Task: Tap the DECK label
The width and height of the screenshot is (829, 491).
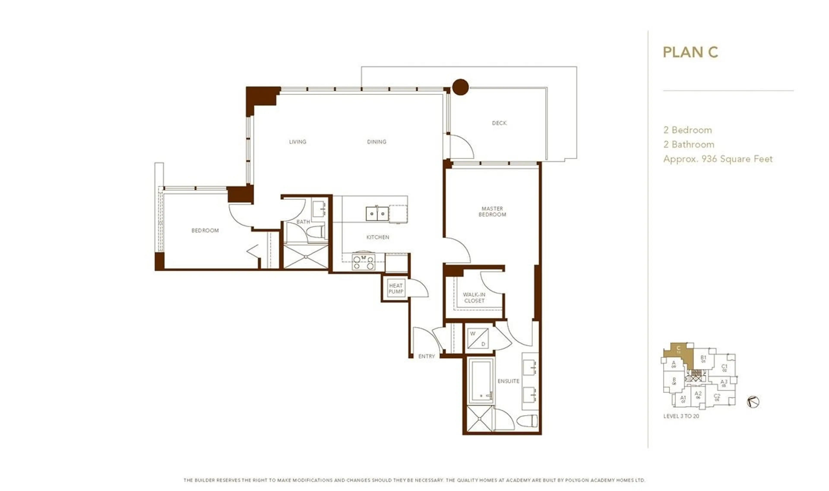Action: pos(499,123)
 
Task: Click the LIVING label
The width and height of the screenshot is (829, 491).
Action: pos(297,142)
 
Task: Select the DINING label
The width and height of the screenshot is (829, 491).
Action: pos(377,142)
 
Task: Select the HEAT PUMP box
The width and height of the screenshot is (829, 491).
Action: pos(396,288)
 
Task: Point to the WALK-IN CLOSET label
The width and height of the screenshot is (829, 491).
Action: pos(474,298)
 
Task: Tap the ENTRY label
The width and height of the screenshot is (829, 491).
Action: pos(426,356)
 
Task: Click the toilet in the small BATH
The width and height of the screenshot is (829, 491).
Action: pos(316,232)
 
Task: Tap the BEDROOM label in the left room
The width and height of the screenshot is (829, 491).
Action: pos(205,230)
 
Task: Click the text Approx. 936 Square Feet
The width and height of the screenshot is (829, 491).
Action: pos(718,159)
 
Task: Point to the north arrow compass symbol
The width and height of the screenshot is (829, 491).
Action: pos(753,402)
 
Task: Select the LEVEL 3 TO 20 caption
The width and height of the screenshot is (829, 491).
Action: pos(681,416)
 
